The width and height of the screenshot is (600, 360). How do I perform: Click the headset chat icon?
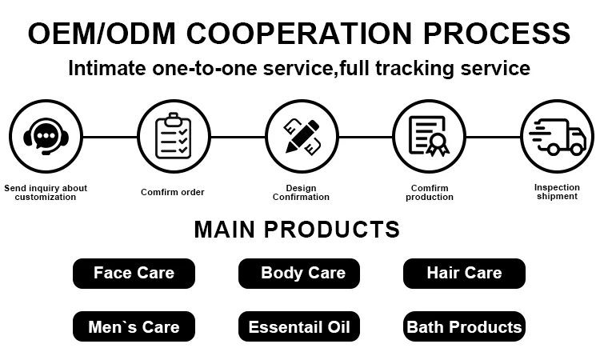(45, 136)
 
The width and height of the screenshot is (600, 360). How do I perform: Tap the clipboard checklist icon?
(173, 136)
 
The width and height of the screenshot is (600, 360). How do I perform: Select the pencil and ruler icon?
(301, 136)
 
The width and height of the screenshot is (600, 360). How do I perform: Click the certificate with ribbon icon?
(429, 136)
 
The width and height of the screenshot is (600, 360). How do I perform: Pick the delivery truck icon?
(557, 136)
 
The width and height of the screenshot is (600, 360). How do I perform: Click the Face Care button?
(134, 273)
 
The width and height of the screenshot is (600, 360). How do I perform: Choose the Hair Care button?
(464, 273)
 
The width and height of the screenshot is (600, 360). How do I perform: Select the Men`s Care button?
(134, 326)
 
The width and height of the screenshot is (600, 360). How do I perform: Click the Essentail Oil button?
(299, 326)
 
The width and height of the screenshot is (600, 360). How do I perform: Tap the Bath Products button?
(464, 326)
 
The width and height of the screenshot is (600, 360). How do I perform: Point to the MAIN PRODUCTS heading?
(297, 230)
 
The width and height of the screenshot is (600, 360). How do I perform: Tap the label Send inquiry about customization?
(46, 193)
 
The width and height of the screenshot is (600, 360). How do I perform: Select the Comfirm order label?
(173, 192)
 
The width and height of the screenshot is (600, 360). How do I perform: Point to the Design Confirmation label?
(301, 193)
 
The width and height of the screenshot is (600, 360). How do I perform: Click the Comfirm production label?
(430, 193)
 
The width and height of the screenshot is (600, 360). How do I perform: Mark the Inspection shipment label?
(557, 192)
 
